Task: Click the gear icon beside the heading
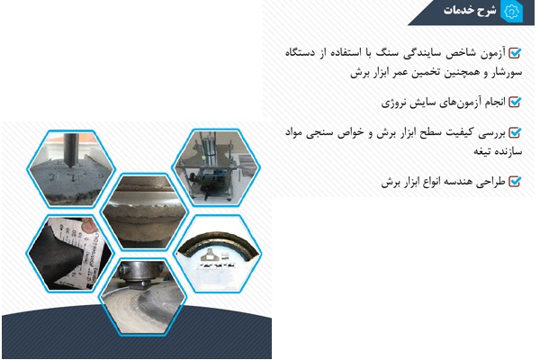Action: [512, 12]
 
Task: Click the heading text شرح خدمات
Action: [470, 10]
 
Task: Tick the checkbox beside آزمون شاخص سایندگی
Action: [515, 53]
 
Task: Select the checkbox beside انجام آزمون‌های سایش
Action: [515, 102]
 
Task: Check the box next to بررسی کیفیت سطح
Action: [515, 132]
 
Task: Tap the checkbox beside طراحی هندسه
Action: [515, 181]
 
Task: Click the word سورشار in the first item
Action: [507, 73]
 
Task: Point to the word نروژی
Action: [392, 103]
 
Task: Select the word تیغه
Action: [482, 151]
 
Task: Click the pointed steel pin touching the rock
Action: [71, 150]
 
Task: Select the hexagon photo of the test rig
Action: [216, 167]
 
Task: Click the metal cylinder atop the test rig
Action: [209, 150]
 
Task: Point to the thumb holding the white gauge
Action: [89, 225]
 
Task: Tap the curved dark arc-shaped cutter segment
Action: [218, 246]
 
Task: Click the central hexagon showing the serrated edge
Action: [144, 211]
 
